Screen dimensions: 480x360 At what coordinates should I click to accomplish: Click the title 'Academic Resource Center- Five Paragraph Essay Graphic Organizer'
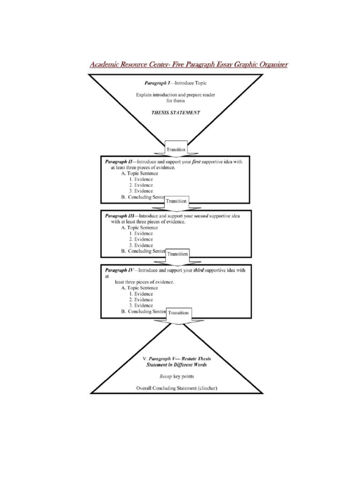189,64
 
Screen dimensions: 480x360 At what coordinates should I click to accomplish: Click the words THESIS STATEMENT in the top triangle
176,112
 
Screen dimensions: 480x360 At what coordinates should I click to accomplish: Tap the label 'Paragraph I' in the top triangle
157,82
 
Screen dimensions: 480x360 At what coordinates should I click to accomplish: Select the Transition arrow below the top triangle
176,150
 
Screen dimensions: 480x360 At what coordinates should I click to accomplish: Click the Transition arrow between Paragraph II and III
177,201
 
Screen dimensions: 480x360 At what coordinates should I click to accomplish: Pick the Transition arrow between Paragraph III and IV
178,254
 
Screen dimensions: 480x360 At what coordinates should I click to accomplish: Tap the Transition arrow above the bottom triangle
179,313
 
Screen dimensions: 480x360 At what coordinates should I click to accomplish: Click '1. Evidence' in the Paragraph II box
141,179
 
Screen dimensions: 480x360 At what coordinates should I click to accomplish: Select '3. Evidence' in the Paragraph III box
141,245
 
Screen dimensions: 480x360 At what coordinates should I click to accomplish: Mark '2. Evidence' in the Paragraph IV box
141,300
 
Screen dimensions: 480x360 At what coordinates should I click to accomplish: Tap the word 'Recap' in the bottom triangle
167,376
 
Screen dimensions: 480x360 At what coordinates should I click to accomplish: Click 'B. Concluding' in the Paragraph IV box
136,311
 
